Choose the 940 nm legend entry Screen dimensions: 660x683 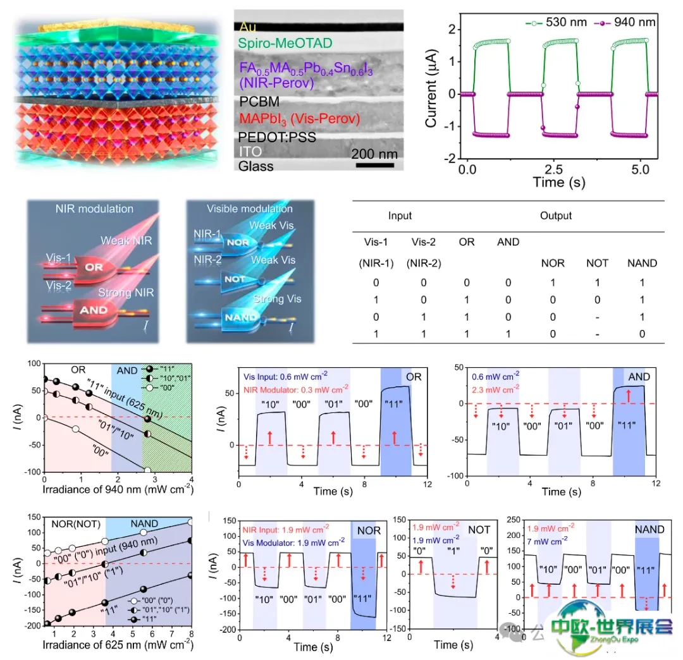(626, 23)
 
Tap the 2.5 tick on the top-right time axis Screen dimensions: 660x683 (554, 171)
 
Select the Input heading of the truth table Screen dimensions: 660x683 (400, 216)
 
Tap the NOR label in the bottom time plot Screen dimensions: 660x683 (369, 530)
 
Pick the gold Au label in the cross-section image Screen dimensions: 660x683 (245, 27)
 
